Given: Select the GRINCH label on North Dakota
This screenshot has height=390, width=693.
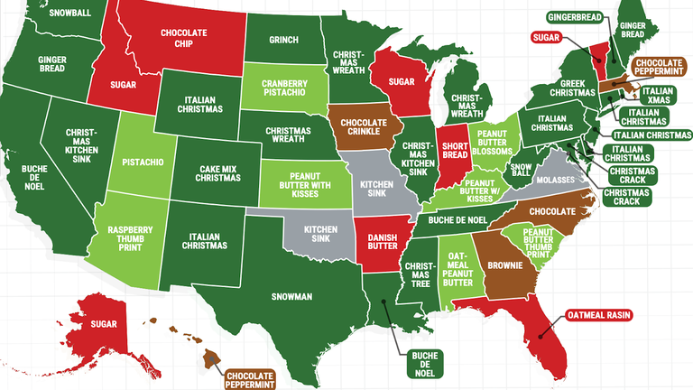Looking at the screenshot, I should tap(283, 40).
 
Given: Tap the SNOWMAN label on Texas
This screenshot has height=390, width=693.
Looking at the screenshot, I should tap(292, 296).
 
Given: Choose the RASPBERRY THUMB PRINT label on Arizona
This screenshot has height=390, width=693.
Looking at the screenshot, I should tap(128, 237).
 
